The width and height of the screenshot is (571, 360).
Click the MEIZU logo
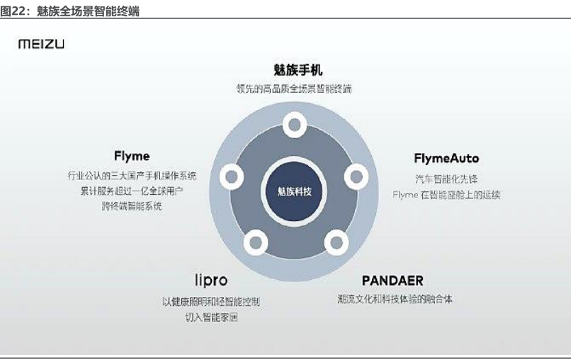[41, 45]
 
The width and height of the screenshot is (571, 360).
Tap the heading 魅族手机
[294, 70]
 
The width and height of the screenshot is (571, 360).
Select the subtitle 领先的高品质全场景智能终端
[294, 89]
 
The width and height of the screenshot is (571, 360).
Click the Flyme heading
[132, 156]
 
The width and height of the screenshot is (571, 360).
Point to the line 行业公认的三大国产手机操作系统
[132, 175]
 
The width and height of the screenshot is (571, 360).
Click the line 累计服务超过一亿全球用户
[132, 191]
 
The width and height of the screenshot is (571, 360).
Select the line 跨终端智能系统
[132, 206]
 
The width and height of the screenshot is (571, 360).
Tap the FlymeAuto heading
[446, 158]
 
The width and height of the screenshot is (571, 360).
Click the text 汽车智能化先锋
[446, 179]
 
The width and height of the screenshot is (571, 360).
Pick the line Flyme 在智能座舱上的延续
[446, 194]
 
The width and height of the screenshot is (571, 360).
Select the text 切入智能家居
[211, 317]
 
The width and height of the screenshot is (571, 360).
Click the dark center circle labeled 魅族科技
[294, 191]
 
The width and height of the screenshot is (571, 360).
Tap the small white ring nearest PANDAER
[336, 243]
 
